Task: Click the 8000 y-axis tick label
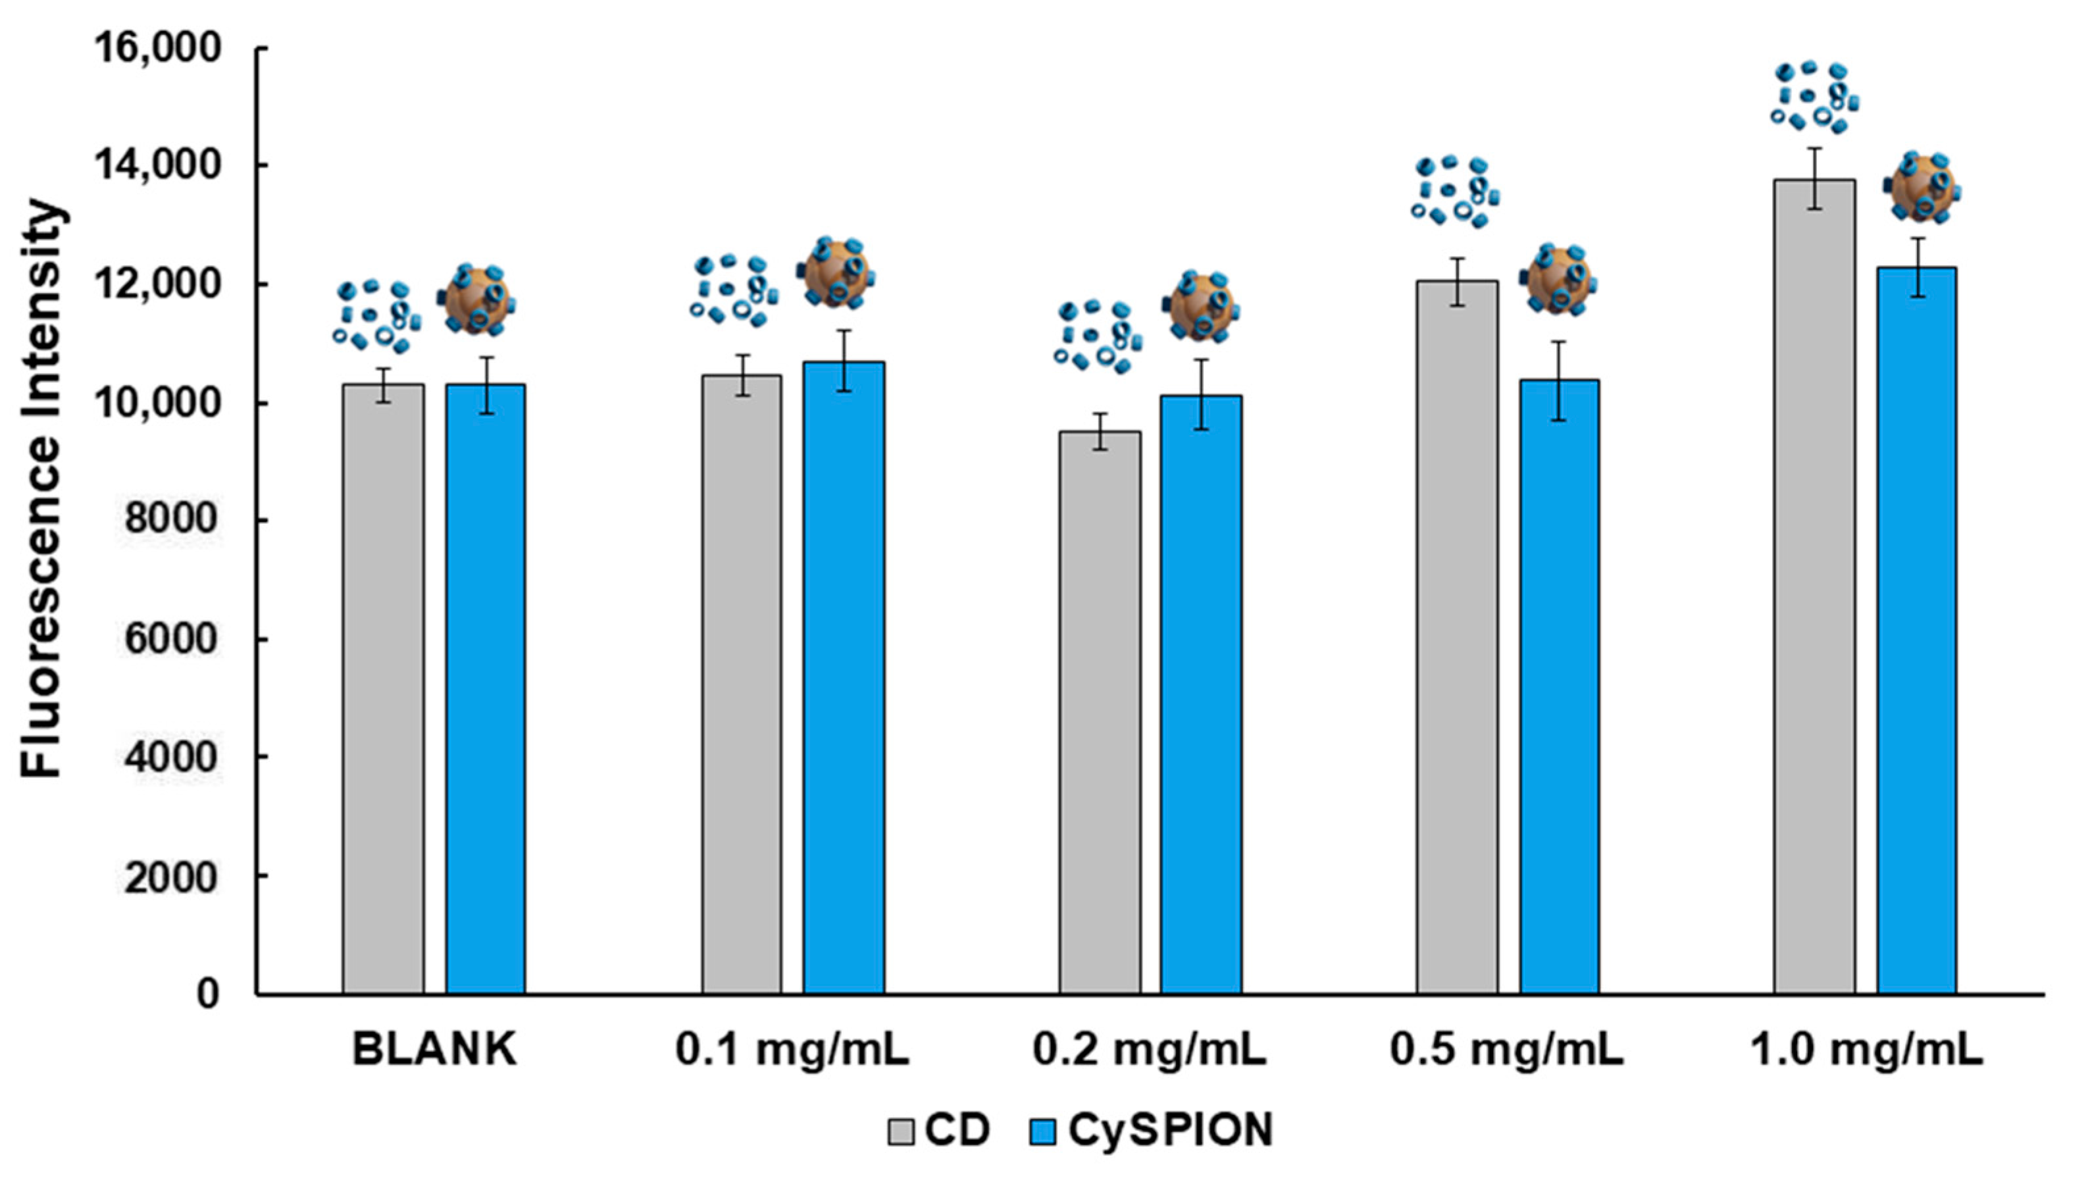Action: click(x=171, y=520)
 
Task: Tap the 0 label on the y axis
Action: click(x=207, y=993)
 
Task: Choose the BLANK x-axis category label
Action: click(x=434, y=1050)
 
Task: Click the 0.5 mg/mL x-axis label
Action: click(x=1507, y=1050)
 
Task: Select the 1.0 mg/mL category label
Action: click(x=1866, y=1050)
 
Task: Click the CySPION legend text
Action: click(x=1170, y=1131)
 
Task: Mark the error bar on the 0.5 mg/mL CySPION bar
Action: click(x=1558, y=380)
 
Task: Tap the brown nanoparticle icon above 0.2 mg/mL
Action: click(x=1201, y=307)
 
